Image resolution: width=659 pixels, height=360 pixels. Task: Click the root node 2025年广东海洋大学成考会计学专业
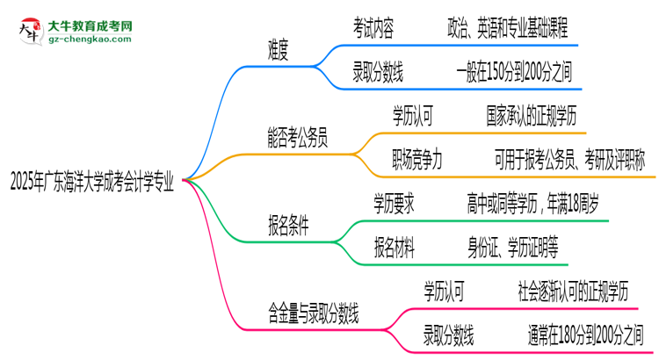coord(91,184)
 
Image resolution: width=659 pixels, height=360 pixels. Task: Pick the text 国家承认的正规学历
coord(531,115)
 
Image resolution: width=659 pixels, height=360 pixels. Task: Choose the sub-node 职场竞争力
coord(417,159)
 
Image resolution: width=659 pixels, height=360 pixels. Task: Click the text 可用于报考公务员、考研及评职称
coord(569,159)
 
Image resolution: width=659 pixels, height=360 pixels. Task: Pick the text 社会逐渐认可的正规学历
coord(574,288)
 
